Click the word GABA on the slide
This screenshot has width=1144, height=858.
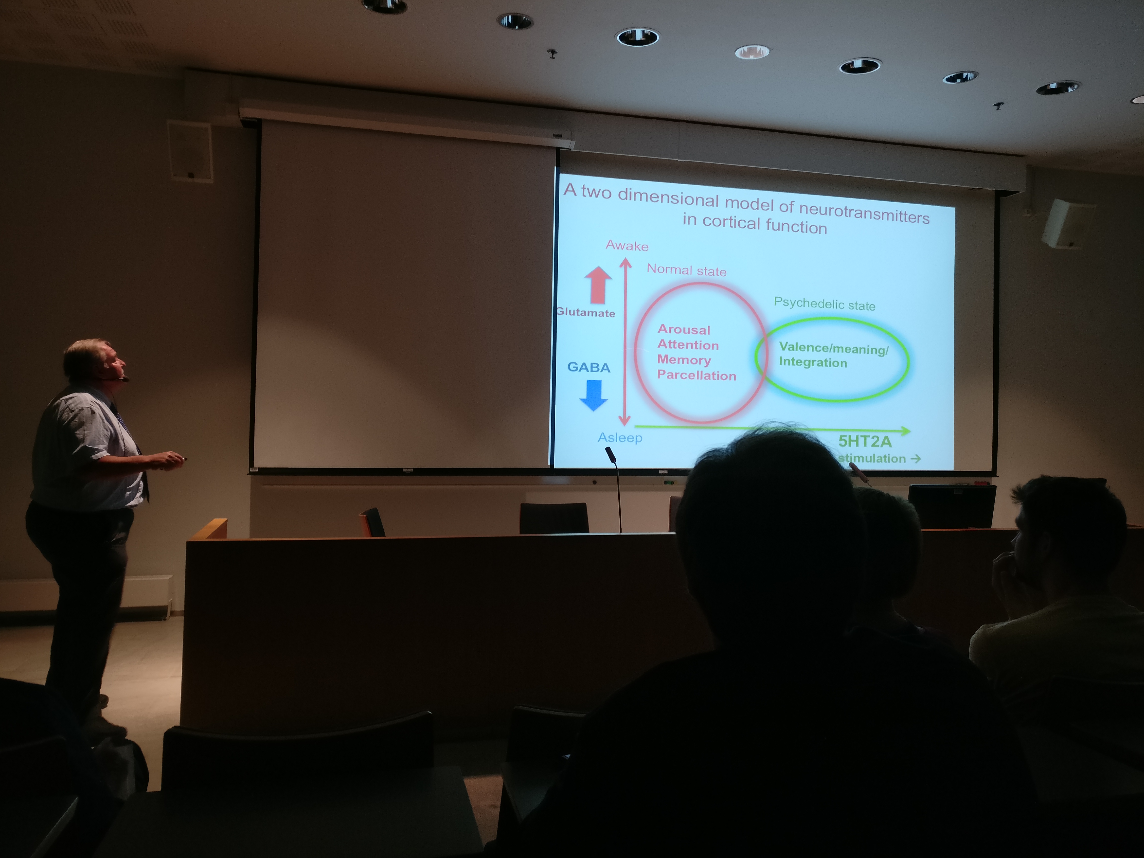point(589,367)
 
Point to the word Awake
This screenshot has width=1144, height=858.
point(627,246)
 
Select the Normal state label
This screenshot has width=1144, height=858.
point(686,270)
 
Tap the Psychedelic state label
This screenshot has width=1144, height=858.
point(824,304)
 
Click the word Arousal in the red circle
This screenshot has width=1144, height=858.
point(684,329)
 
